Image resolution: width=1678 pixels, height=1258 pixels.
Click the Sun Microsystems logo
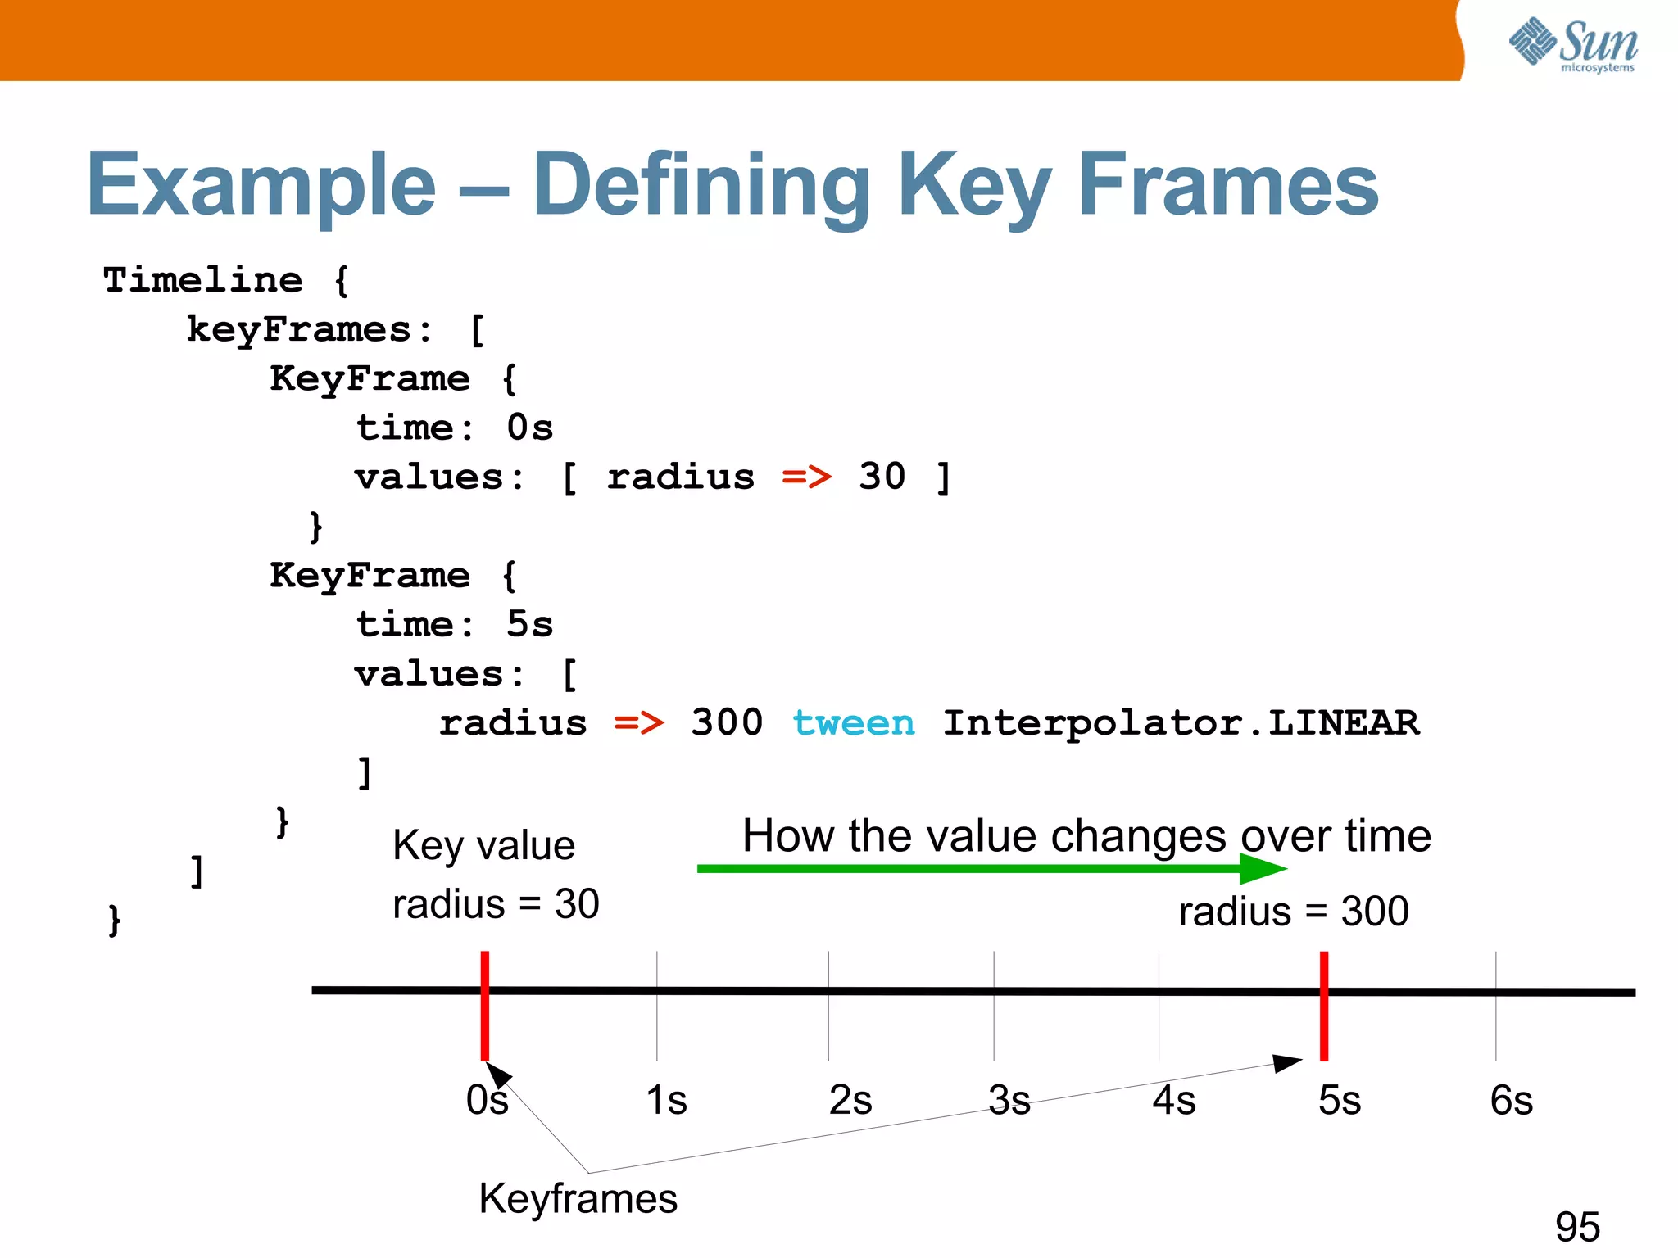[1573, 44]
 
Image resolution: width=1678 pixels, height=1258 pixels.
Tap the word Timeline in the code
[202, 280]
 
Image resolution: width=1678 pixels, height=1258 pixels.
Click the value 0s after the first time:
[529, 428]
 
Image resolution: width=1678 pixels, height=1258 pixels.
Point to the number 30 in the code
[882, 477]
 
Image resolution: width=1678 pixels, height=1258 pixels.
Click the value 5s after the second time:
[529, 624]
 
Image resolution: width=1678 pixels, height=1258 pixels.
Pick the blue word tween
[853, 722]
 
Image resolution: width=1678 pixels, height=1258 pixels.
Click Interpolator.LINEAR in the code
[1181, 722]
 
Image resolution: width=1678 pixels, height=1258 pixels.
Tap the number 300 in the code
[726, 722]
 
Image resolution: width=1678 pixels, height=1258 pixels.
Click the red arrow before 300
[638, 722]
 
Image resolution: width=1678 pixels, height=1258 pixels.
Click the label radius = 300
[1293, 911]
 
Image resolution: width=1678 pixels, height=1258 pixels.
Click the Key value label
[483, 845]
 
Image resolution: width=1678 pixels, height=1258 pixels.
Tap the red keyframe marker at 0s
[485, 1006]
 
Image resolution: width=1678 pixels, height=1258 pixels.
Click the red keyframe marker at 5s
[1323, 1006]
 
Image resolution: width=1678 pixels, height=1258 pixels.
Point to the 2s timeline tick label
[850, 1100]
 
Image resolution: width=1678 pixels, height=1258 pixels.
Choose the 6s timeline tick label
[1511, 1100]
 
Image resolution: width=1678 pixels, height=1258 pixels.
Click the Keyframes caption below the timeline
[578, 1198]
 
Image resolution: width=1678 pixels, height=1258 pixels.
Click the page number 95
[1577, 1226]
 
